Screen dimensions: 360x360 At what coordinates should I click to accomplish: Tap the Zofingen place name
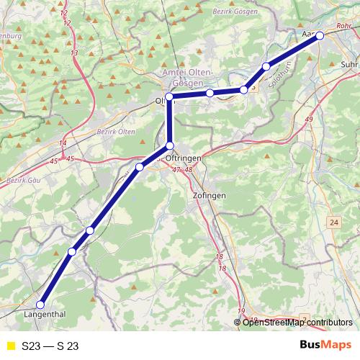210,195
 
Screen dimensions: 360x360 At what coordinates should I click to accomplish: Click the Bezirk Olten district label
116,132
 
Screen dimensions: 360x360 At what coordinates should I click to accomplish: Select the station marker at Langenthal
40,305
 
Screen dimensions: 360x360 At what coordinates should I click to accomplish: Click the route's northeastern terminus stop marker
320,35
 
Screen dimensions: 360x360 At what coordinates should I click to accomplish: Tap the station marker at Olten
169,96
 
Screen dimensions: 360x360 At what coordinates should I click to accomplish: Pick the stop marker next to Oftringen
170,146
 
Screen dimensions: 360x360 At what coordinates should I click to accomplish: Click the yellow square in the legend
10,346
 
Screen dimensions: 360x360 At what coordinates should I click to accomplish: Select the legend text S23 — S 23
50,346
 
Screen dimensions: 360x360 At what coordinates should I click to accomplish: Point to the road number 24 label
334,223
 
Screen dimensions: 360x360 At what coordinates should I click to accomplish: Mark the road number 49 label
309,119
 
